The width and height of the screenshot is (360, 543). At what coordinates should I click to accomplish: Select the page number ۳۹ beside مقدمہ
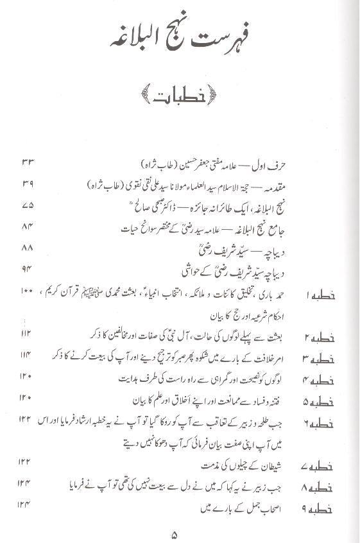point(24,185)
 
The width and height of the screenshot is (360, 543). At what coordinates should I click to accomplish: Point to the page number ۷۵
point(24,207)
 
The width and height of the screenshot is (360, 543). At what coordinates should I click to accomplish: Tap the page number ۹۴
point(24,270)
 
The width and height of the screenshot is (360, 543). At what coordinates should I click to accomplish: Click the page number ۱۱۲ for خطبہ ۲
point(24,334)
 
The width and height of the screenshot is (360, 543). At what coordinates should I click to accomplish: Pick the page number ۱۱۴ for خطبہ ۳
point(24,355)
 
